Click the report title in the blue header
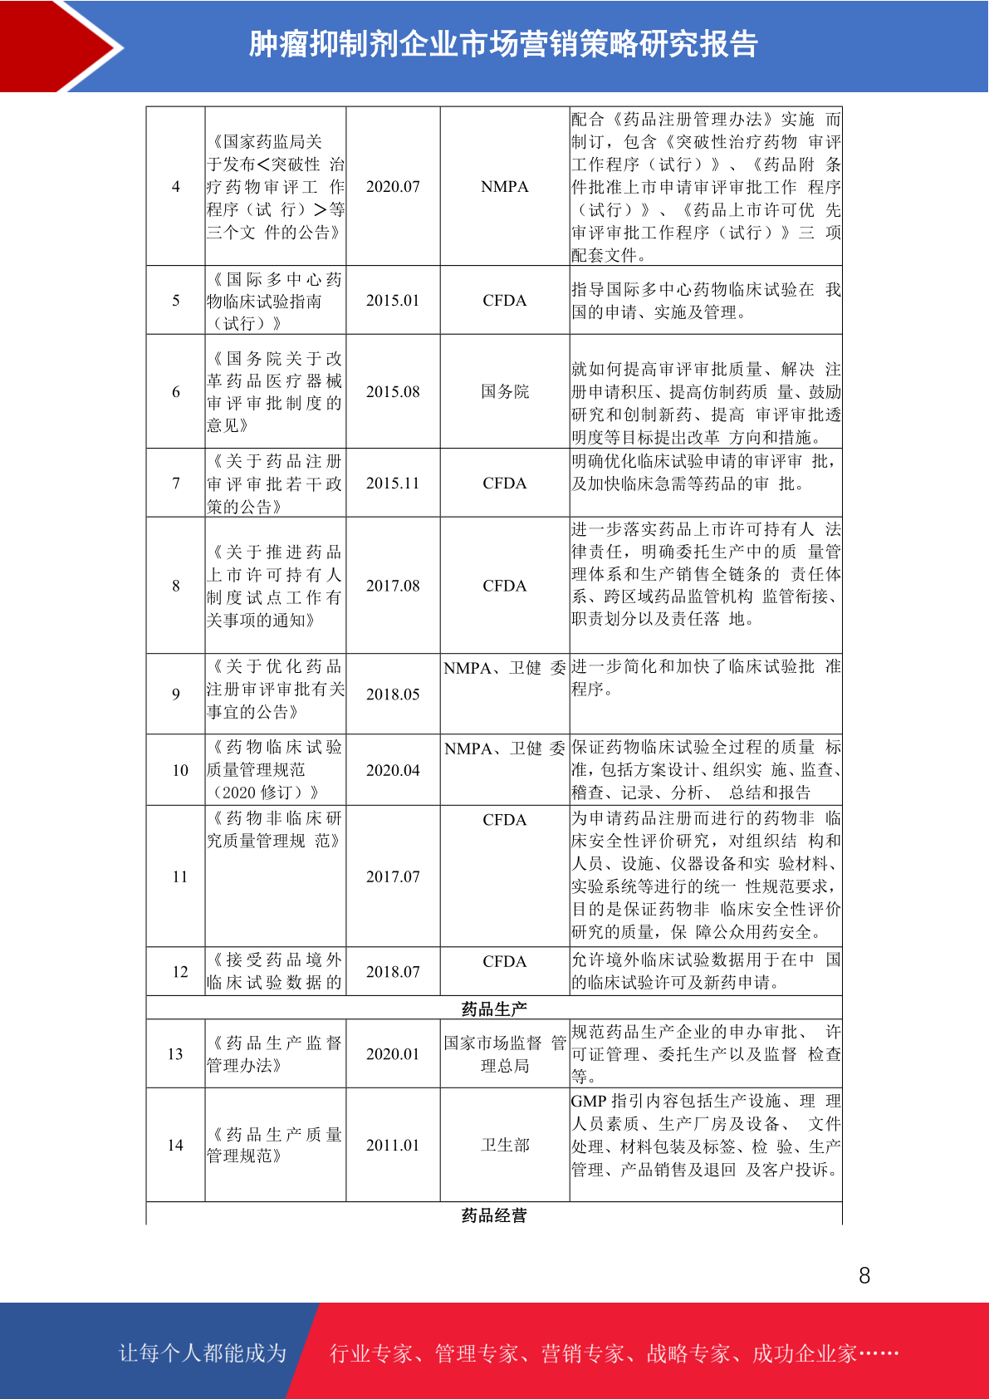click(x=503, y=44)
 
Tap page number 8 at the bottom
click(x=864, y=1275)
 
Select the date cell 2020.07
click(x=393, y=187)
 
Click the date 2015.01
click(x=393, y=301)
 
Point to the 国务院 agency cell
click(x=505, y=391)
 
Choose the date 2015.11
click(x=393, y=484)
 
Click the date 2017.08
click(x=393, y=586)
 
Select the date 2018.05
click(x=393, y=694)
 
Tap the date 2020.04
click(x=393, y=770)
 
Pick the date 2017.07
click(x=393, y=876)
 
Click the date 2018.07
click(x=393, y=971)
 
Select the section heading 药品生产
click(x=494, y=1009)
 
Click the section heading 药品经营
click(x=494, y=1215)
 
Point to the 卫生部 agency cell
click(x=505, y=1145)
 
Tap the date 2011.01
click(x=393, y=1145)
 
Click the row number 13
click(x=175, y=1054)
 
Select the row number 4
click(x=175, y=187)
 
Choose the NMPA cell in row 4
click(x=505, y=187)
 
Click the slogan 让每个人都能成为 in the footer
click(x=203, y=1352)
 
